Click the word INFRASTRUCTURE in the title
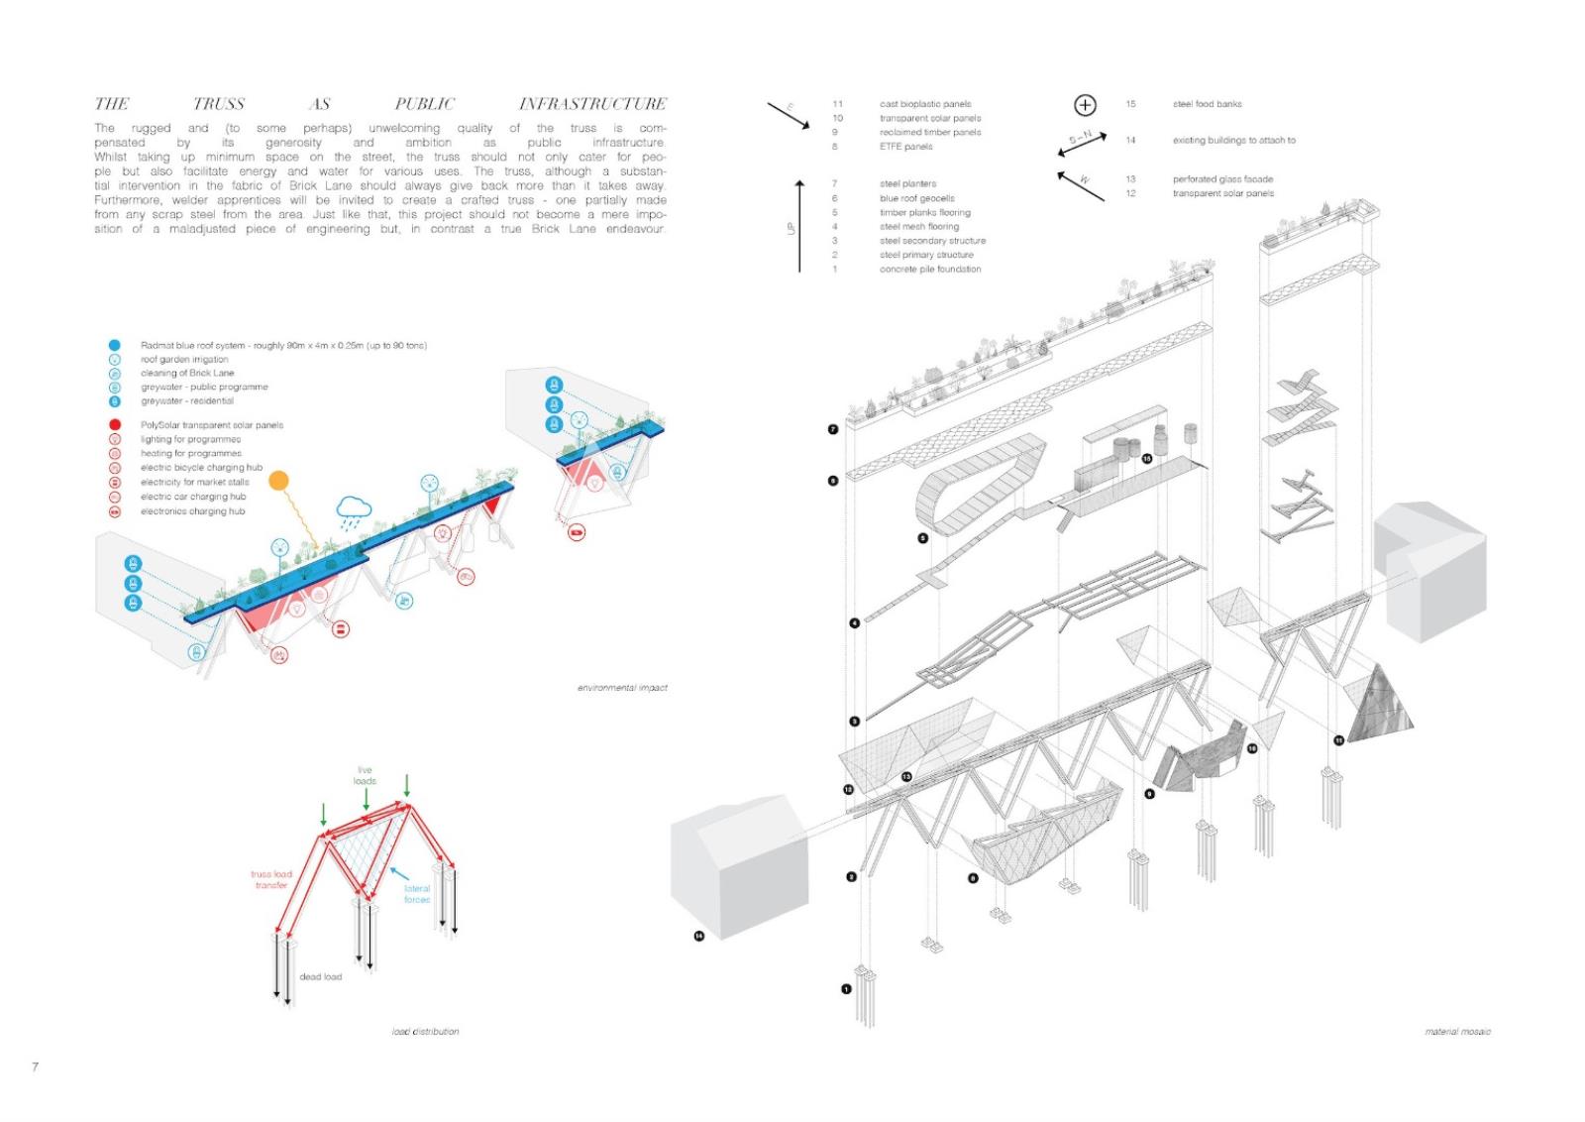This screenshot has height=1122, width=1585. [592, 104]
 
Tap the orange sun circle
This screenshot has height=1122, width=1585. [279, 481]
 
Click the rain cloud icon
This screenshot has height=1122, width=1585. [354, 508]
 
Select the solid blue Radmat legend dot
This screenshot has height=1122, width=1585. [115, 345]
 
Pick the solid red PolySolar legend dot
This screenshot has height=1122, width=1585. [115, 424]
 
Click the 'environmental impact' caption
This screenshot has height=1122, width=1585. [622, 688]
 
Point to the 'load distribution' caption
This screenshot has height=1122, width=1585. [425, 1032]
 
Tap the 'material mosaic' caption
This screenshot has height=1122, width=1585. [1457, 1032]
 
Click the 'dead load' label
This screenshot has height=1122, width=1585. [320, 977]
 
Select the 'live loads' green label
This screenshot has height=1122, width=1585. [365, 775]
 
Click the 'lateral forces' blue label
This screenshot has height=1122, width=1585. [417, 894]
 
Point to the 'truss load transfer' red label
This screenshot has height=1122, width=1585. [270, 879]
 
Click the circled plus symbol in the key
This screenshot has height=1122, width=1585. [1085, 105]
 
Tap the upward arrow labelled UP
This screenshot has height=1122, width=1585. [799, 226]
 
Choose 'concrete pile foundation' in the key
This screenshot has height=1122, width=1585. [930, 270]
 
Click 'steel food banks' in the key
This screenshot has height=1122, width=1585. [1207, 104]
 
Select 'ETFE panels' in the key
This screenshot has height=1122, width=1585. [905, 147]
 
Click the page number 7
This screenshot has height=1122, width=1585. [36, 1066]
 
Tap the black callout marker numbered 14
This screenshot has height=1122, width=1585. [698, 936]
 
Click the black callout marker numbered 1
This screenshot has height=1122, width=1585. [846, 988]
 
